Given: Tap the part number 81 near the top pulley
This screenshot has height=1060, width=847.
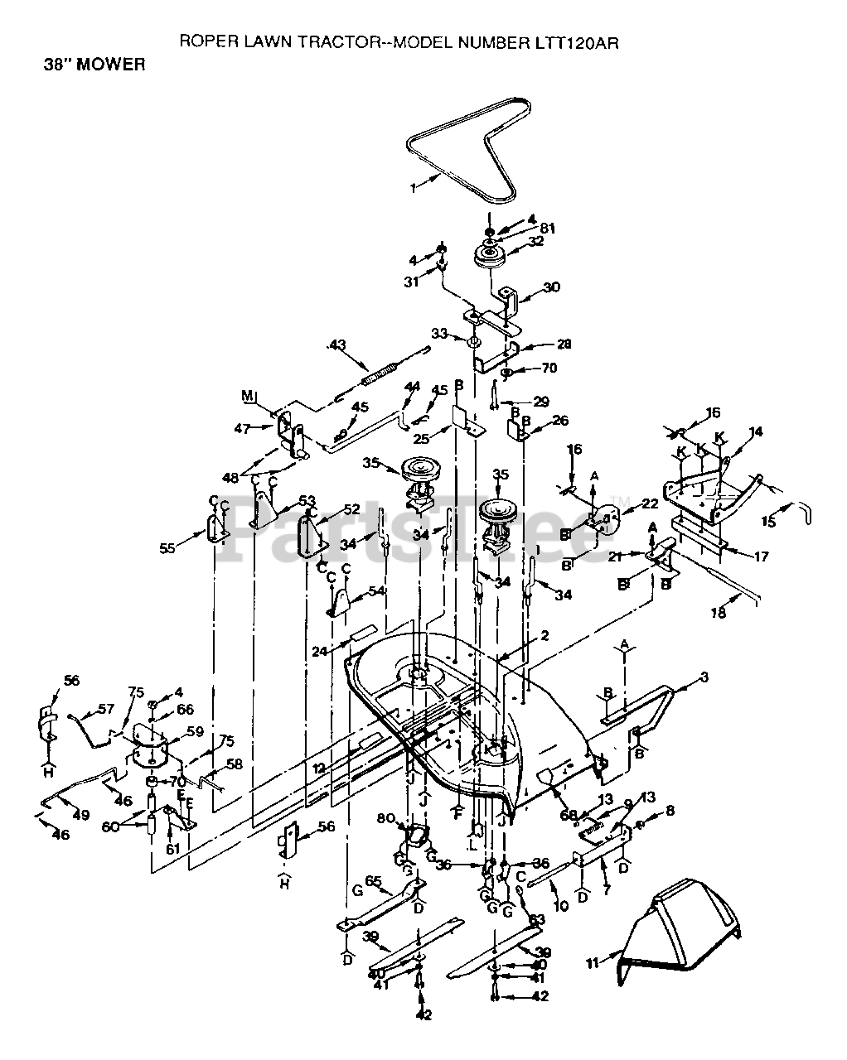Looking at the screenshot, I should point(547,229).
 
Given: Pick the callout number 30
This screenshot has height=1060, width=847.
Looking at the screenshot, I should point(552,287).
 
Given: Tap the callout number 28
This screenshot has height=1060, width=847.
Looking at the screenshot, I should point(564,344).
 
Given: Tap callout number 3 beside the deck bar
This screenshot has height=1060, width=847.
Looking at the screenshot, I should point(704,678).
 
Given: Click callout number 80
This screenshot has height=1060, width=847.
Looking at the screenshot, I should point(383,820).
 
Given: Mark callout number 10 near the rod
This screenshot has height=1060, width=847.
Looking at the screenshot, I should point(561,906).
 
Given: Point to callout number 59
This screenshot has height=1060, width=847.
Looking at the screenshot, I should point(195,731).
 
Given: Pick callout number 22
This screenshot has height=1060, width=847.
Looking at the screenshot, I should point(649,503).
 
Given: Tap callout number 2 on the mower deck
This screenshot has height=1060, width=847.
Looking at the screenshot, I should point(544,635).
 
